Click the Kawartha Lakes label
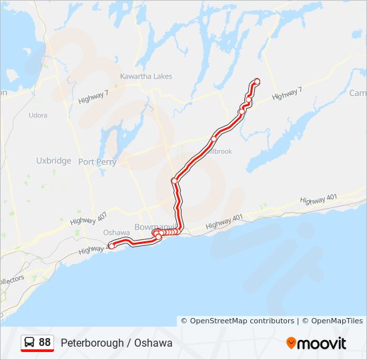(x=145, y=77)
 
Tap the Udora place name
(x=38, y=115)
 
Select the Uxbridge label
(x=53, y=161)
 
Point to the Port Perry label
(x=97, y=162)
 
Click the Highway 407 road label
(x=87, y=218)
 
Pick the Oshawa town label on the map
(x=116, y=232)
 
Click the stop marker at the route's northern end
(x=256, y=81)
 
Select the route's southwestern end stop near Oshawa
(x=112, y=246)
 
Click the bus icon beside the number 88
(x=30, y=343)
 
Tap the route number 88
(x=45, y=343)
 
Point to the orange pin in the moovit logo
(x=291, y=343)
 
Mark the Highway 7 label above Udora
(x=93, y=97)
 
